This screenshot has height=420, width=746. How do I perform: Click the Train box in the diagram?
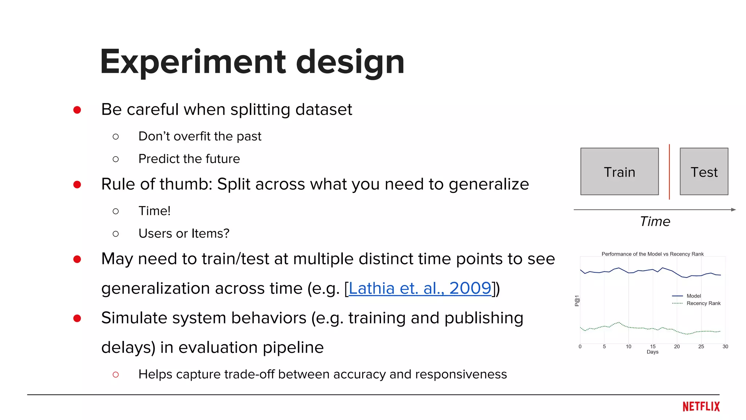click(619, 171)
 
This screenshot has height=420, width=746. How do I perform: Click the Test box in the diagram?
click(704, 171)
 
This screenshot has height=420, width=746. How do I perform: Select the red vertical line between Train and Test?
click(669, 171)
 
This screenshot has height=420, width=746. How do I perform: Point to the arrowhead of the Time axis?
click(733, 210)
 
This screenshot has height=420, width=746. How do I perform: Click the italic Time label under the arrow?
click(655, 221)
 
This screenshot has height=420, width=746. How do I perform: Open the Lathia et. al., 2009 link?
click(420, 288)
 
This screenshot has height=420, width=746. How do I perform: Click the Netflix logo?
click(701, 407)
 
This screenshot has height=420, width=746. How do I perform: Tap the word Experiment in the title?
click(193, 62)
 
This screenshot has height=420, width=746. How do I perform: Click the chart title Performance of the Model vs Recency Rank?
click(652, 254)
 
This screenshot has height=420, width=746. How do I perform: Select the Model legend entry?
click(693, 296)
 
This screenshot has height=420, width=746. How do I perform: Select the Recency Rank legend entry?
click(703, 303)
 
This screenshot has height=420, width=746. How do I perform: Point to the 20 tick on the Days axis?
click(677, 346)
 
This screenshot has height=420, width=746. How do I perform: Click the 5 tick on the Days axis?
click(604, 346)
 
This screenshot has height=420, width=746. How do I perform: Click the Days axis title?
click(652, 352)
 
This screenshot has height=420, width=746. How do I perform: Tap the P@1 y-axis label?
click(577, 301)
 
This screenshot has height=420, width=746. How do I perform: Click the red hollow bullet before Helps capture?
click(116, 374)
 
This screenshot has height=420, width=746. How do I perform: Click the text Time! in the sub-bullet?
click(154, 211)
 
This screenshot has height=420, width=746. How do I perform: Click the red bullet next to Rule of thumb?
click(77, 184)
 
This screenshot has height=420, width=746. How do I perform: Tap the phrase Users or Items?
click(184, 234)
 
